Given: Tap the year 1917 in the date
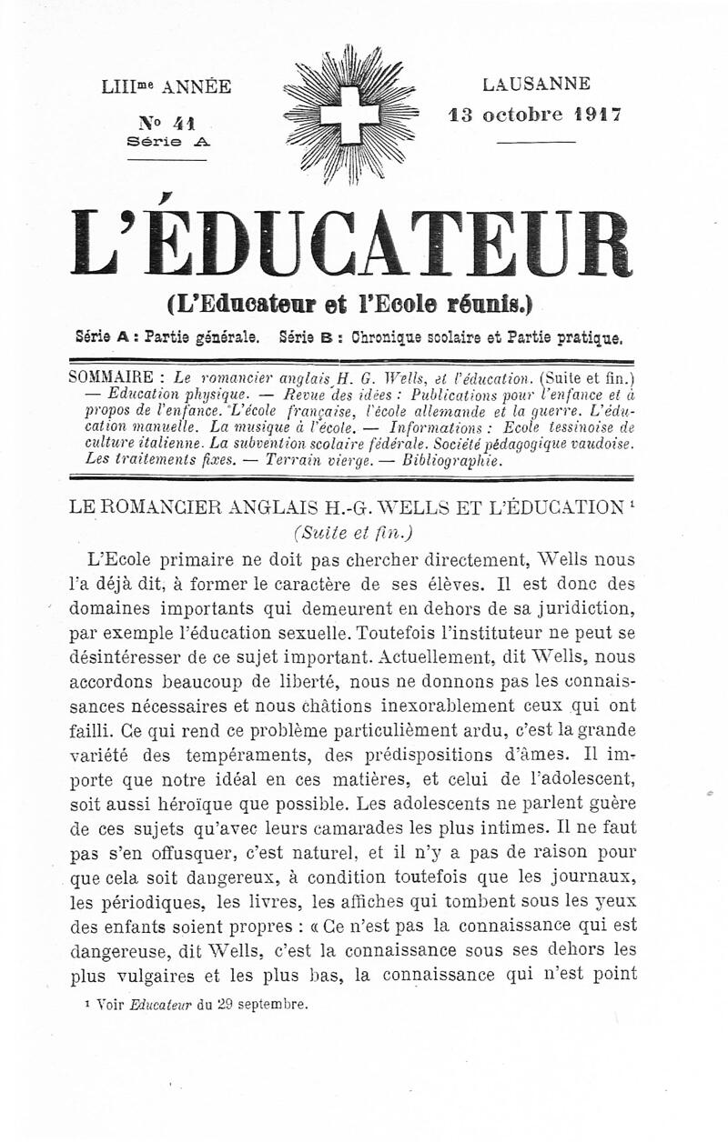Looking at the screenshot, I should [597, 115].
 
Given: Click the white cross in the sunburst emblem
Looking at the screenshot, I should [350, 113].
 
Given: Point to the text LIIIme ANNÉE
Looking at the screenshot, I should [167, 87].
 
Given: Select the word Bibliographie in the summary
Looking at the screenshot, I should [451, 460].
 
